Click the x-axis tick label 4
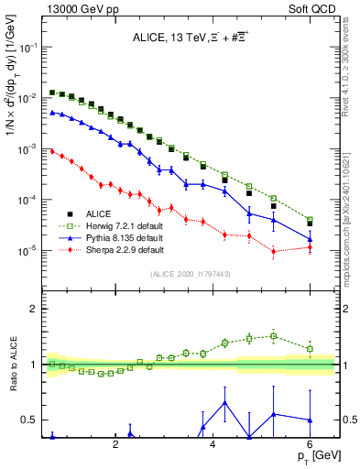213,445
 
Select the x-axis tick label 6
310,445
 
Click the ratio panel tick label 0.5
27,420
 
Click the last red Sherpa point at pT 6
310,247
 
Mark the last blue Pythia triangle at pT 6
310,239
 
